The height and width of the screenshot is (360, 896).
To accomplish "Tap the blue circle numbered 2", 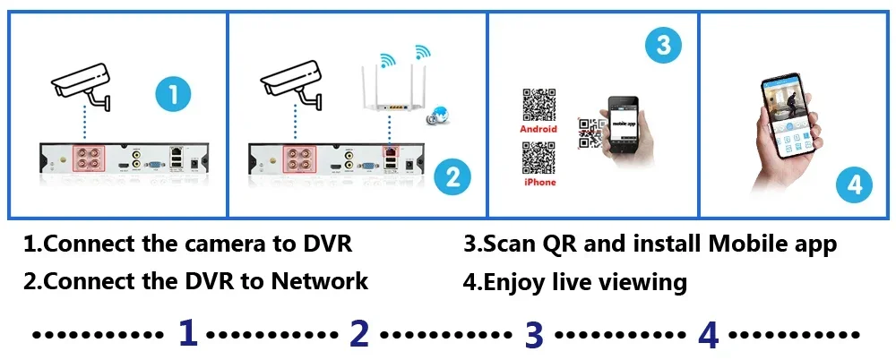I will [453, 176].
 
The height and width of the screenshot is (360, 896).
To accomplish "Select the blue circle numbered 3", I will [663, 46].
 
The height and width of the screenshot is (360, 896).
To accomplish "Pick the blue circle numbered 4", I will [854, 185].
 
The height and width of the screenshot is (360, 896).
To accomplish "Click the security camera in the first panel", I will [82, 83].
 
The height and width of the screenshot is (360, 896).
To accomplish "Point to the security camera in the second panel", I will [290, 83].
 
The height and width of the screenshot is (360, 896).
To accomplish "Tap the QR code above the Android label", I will [538, 105].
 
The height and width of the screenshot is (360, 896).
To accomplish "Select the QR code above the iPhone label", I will [538, 159].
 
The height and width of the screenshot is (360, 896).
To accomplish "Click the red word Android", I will [538, 129].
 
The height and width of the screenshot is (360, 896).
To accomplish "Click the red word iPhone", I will [538, 183].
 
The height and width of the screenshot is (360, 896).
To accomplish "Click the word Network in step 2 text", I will [320, 281].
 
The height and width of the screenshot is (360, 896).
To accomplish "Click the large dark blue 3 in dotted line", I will [534, 335].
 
